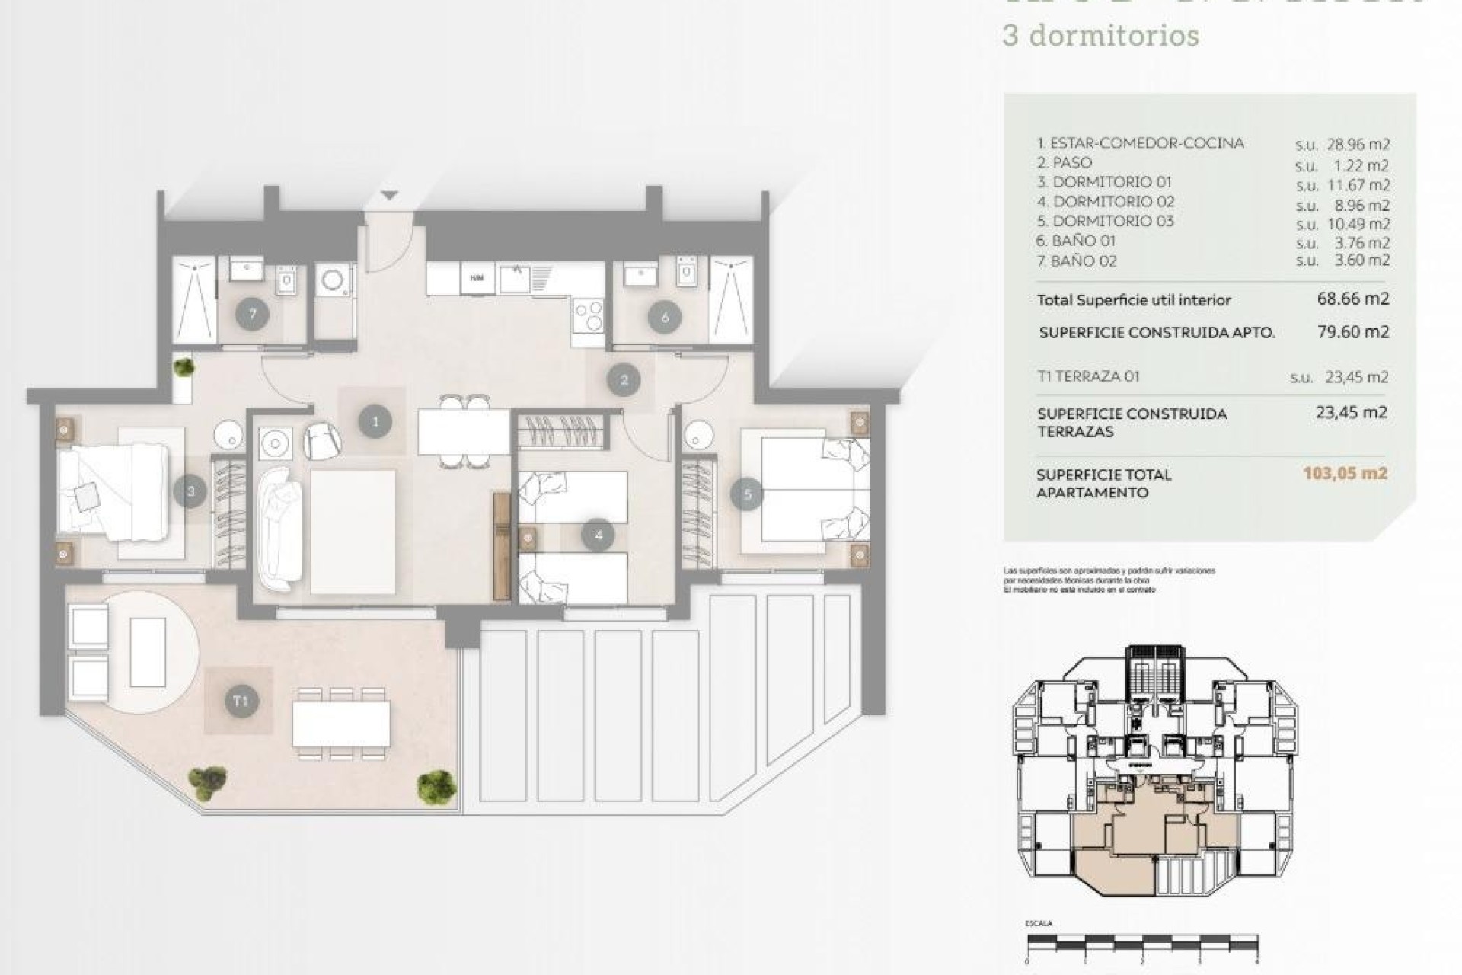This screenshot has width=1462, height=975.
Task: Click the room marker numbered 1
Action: tap(375, 421)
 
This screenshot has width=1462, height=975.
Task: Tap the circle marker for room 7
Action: tap(252, 314)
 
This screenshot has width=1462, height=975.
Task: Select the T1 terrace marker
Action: tap(241, 701)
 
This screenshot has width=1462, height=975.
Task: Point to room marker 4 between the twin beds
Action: tap(598, 535)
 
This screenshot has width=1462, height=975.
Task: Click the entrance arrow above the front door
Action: tap(389, 197)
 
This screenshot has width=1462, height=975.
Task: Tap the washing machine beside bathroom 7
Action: tap(334, 280)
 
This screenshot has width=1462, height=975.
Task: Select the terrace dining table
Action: tap(341, 724)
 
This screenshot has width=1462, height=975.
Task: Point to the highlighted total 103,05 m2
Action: tap(1345, 473)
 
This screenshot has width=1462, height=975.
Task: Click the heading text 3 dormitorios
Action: tap(1101, 36)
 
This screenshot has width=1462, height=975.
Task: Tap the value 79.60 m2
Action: tap(1353, 331)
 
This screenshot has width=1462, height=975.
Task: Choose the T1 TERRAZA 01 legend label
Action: tap(1088, 376)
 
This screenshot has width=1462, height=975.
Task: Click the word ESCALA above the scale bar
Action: tap(1039, 923)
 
